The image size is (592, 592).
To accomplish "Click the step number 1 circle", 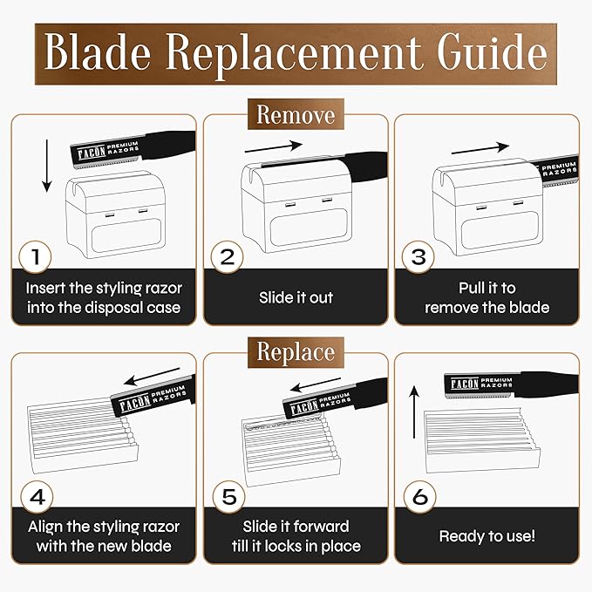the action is pyautogui.click(x=35, y=256).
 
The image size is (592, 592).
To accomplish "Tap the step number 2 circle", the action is pyautogui.click(x=227, y=256).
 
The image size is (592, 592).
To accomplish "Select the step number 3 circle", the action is pyautogui.click(x=418, y=256).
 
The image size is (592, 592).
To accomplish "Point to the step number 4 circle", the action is pyautogui.click(x=37, y=496).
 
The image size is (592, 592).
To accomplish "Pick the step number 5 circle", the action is pyautogui.click(x=228, y=496).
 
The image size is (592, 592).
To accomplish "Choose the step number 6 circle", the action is pyautogui.click(x=420, y=496).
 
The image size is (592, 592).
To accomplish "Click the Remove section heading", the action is pyautogui.click(x=296, y=114).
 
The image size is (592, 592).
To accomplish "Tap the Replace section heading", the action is pyautogui.click(x=296, y=352).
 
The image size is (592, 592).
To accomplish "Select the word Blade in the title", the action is pyautogui.click(x=98, y=52).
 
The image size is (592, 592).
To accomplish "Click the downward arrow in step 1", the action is pyautogui.click(x=47, y=166).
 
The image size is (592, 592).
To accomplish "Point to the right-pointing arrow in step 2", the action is pyautogui.click(x=274, y=146).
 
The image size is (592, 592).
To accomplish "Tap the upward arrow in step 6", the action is pyautogui.click(x=414, y=412).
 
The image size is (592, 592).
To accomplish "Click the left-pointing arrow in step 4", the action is pyautogui.click(x=152, y=377).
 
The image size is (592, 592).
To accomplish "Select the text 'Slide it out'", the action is pyautogui.click(x=296, y=297).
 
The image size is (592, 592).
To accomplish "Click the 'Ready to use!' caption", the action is pyautogui.click(x=487, y=535).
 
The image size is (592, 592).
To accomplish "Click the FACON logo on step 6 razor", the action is pyautogui.click(x=465, y=384).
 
